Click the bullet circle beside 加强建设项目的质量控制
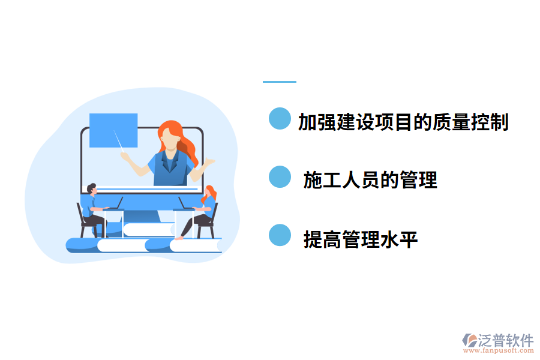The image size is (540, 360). click(279, 119)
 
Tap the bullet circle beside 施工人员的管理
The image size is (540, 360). click(279, 177)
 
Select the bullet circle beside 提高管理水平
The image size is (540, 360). click(279, 235)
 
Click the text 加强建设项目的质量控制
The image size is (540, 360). click(403, 122)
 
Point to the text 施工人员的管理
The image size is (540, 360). click(370, 179)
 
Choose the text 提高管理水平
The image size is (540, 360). click(361, 239)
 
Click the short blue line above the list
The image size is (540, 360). click(279, 82)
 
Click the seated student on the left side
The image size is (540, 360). click(91, 207)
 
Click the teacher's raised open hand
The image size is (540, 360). click(208, 162)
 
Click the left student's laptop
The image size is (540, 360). click(114, 204)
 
